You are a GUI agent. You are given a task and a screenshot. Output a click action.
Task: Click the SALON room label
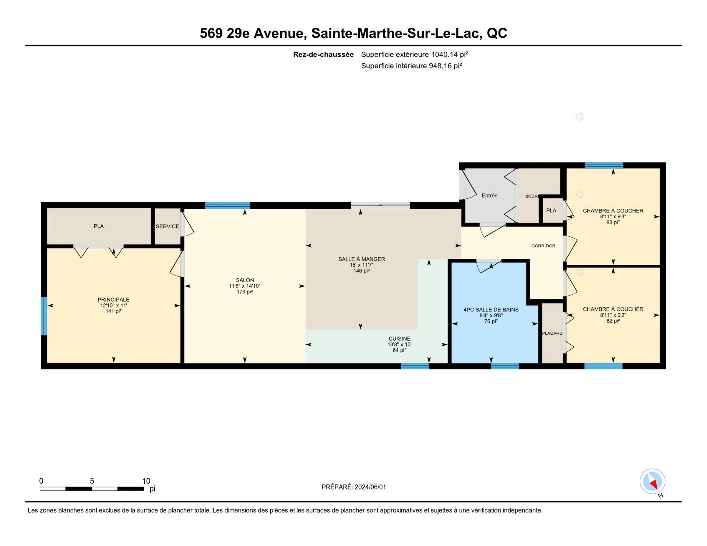245,280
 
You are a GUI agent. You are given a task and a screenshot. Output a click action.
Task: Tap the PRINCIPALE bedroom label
113,300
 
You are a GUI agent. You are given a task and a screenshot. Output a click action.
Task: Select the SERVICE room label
168,226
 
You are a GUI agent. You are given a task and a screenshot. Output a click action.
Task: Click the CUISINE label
400,339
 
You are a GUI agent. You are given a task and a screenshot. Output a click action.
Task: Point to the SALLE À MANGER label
362,259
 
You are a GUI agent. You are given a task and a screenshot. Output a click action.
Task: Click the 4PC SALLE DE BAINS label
491,310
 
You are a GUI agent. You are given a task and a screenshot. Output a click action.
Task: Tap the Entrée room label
489,195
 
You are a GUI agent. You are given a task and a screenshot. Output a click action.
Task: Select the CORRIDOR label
543,246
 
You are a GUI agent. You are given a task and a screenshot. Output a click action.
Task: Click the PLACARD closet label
552,333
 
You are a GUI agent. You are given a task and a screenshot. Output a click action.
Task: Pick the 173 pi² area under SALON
245,292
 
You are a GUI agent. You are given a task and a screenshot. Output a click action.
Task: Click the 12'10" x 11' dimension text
113,306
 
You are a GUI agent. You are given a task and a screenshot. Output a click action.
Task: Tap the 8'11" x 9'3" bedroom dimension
613,216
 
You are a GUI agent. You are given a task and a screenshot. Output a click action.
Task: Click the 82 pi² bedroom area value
613,321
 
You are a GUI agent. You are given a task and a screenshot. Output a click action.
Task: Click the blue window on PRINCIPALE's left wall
44,316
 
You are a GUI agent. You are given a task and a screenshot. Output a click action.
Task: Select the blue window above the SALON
228,205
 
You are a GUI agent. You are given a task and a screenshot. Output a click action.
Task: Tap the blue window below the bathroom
505,366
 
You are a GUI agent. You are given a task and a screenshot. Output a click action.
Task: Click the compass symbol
653,481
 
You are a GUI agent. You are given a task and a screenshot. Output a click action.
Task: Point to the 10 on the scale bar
146,481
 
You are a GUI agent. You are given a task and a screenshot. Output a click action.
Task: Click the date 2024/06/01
370,487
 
